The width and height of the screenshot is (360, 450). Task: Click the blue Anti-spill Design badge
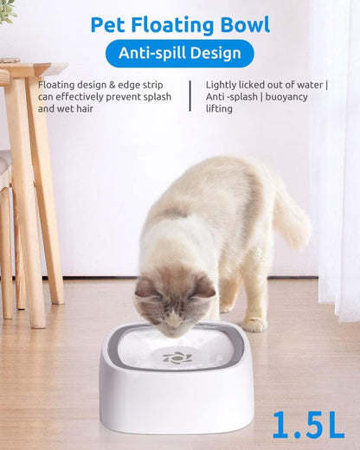tap(180, 54)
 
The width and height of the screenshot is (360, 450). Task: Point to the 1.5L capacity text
tap(307, 423)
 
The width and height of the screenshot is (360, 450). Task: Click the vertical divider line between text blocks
tap(190, 96)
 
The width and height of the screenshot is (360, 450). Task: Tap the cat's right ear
tap(204, 285)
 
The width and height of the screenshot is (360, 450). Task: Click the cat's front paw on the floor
tap(254, 324)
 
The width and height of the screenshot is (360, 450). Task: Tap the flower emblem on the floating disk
tap(177, 357)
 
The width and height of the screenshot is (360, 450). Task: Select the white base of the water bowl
tap(177, 407)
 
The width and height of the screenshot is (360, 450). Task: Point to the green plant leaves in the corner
tap(8, 10)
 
